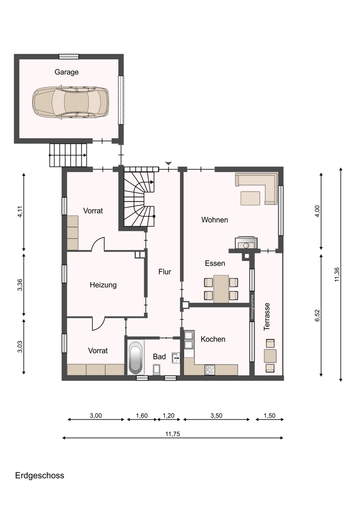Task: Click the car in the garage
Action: pyautogui.click(x=70, y=102)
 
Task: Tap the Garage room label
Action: pyautogui.click(x=66, y=72)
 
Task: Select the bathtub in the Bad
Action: pyautogui.click(x=136, y=357)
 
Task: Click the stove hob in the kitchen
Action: pyautogui.click(x=210, y=370)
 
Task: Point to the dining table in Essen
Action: pyautogui.click(x=221, y=289)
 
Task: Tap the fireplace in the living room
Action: pyautogui.click(x=246, y=243)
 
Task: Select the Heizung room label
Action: pyautogui.click(x=103, y=285)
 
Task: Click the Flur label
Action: pyautogui.click(x=165, y=272)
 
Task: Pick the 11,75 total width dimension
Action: pyautogui.click(x=173, y=434)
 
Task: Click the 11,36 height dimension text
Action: pyautogui.click(x=337, y=274)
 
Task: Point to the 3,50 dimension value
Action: pyautogui.click(x=216, y=415)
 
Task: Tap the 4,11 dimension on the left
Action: pyautogui.click(x=20, y=212)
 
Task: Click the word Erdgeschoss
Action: pyautogui.click(x=40, y=475)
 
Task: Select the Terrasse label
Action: pyautogui.click(x=267, y=317)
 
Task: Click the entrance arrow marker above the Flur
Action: pyautogui.click(x=168, y=163)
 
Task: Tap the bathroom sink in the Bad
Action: pyautogui.click(x=175, y=358)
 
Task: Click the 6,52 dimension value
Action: pyautogui.click(x=318, y=316)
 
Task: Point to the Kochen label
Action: pyautogui.click(x=213, y=339)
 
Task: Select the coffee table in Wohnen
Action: pyautogui.click(x=250, y=198)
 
